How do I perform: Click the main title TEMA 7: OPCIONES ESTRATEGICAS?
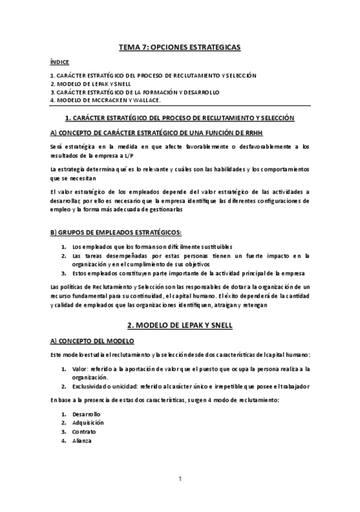(180, 47)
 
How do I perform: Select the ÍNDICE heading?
(59, 62)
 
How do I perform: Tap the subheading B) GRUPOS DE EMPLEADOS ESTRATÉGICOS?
(115, 232)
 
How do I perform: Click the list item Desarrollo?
(86, 414)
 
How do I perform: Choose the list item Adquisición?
(88, 423)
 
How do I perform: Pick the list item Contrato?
(84, 432)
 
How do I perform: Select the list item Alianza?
(82, 441)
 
